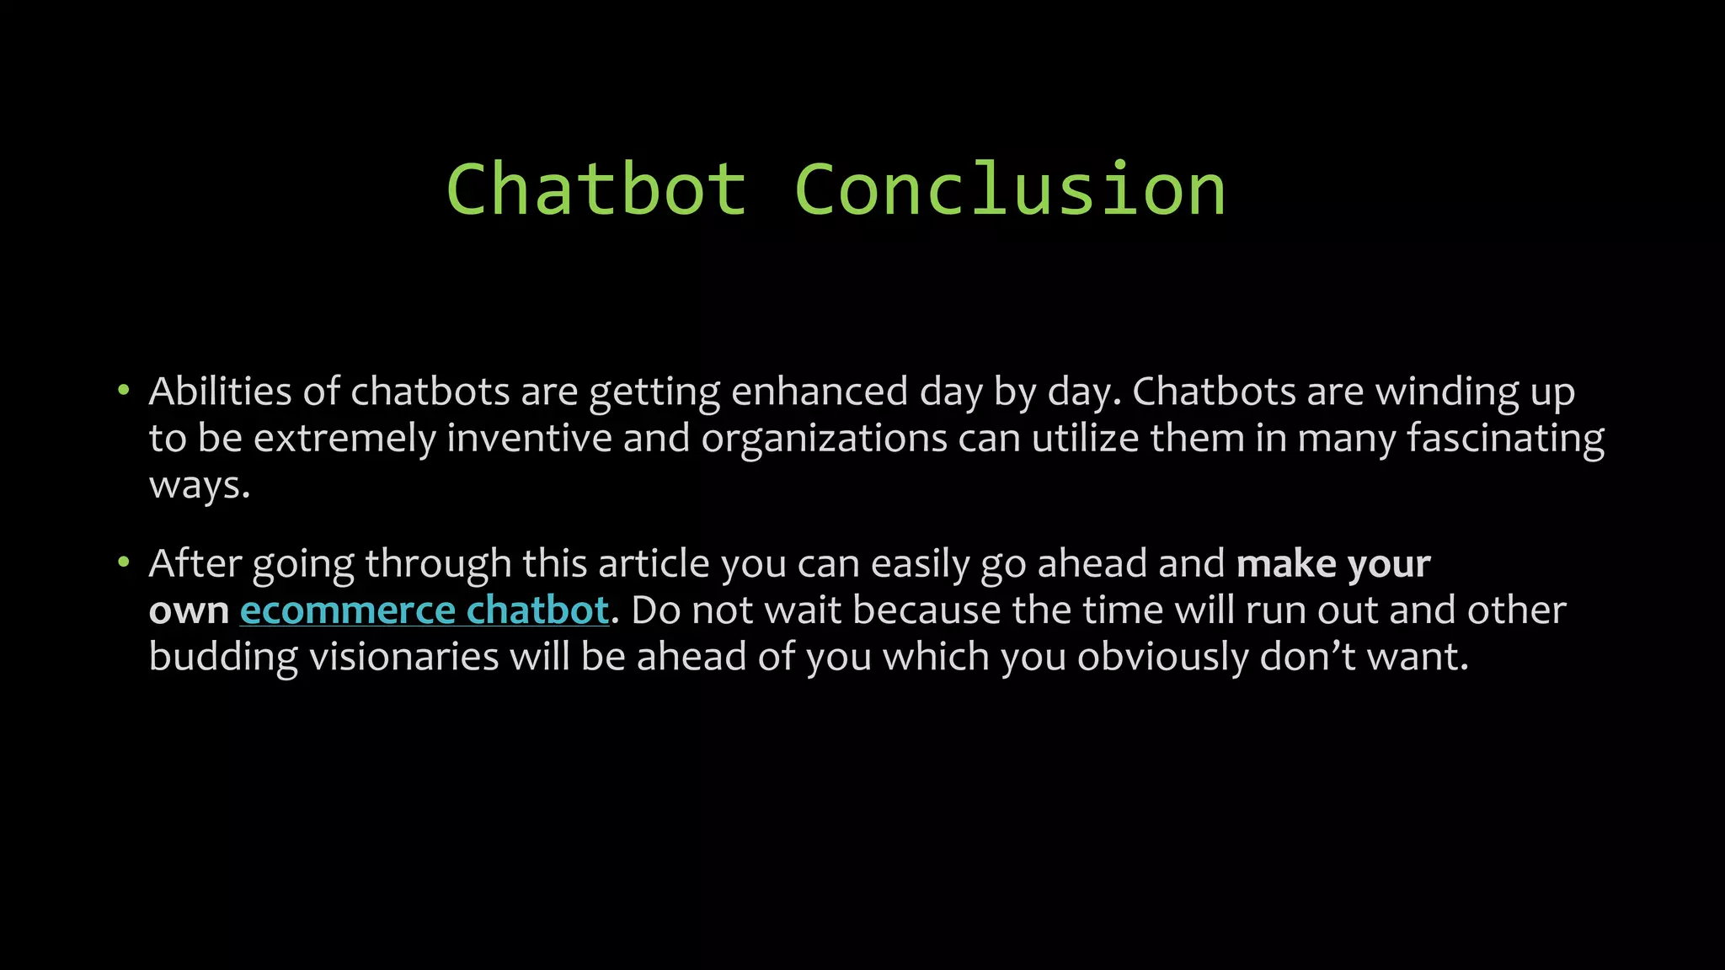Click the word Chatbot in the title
tap(596, 190)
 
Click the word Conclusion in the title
tap(1009, 190)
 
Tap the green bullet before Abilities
tap(124, 390)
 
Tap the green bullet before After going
tap(124, 562)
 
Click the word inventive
tap(529, 439)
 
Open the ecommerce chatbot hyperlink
tap(425, 610)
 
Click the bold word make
tap(1286, 563)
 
